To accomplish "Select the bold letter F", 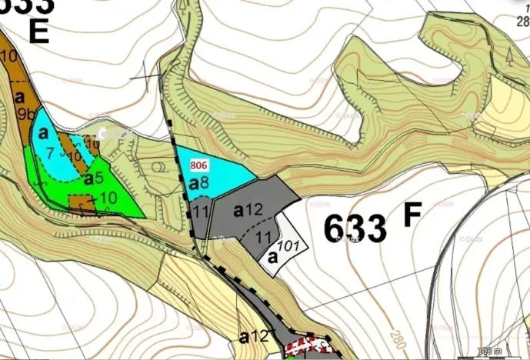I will pyautogui.click(x=412, y=216).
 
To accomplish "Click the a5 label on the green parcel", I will pyautogui.click(x=93, y=179).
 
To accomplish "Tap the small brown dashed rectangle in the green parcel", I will pyautogui.click(x=79, y=205).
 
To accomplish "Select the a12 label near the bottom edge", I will pyautogui.click(x=254, y=336).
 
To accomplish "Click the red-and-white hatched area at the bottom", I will pyautogui.click(x=308, y=348).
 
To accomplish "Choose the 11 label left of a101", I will pyautogui.click(x=263, y=237).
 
